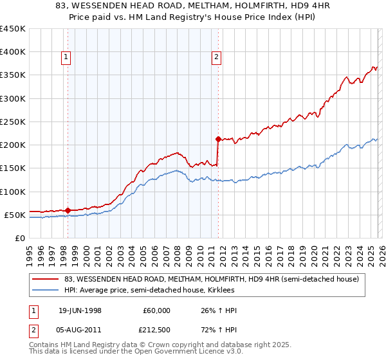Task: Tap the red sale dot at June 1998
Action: point(68,210)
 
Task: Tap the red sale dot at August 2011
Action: point(218,139)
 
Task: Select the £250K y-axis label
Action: point(13,122)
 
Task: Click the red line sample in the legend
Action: point(45,278)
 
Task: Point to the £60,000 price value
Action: point(157,310)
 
